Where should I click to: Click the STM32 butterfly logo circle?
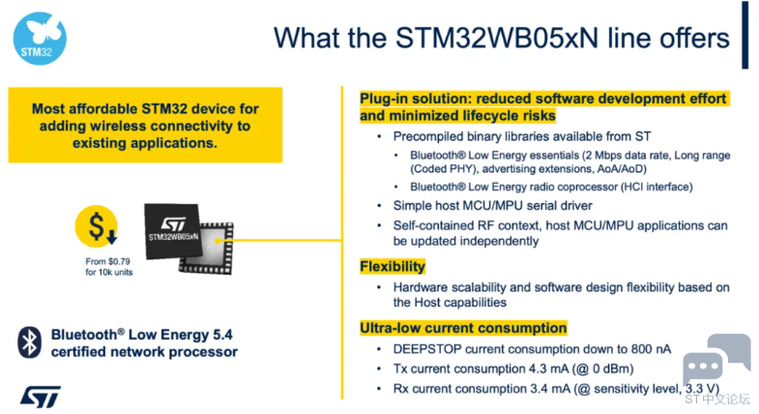[x=40, y=39]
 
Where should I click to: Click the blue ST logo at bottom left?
[x=41, y=397]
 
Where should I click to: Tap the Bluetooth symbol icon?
[x=29, y=342]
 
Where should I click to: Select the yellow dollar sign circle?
[x=97, y=226]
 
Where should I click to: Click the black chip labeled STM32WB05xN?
[x=173, y=231]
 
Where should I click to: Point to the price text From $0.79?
[x=107, y=261]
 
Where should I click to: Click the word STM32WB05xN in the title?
[x=497, y=39]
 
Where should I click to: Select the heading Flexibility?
[x=393, y=266]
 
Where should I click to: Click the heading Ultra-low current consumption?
[x=463, y=328]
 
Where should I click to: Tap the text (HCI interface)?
[x=657, y=187]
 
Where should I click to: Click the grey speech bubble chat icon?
[x=716, y=358]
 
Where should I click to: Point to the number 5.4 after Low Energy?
[x=222, y=335]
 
